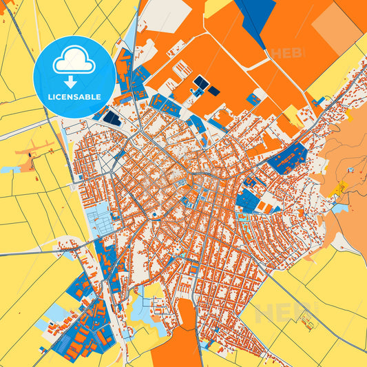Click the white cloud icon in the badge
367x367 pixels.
74,61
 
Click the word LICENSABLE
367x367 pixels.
74,97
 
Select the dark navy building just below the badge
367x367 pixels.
112,118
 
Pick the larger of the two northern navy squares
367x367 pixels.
200,83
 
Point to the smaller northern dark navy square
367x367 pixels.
214,91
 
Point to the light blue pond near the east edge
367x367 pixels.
340,207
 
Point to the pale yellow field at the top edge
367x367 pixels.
218,6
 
